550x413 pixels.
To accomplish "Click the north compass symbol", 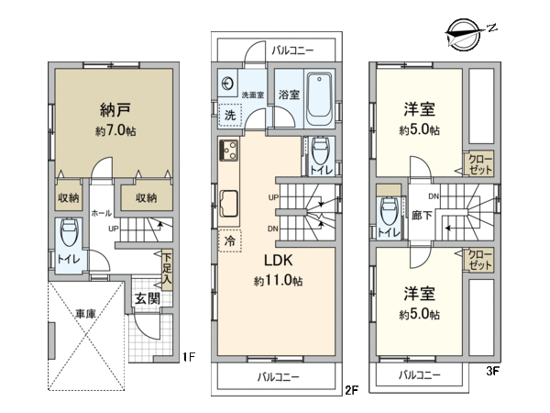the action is [465, 35].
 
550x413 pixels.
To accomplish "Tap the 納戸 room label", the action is [115, 110].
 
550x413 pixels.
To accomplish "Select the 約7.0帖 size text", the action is [115, 130].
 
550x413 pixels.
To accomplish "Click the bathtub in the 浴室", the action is [319, 99].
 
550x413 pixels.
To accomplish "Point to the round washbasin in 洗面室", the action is [227, 84].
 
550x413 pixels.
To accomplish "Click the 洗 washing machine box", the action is [230, 115].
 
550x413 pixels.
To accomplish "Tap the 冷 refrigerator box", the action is [230, 240].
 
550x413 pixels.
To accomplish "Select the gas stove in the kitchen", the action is [228, 151].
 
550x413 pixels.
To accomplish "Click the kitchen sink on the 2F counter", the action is [228, 204].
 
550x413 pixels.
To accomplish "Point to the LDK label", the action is [278, 261].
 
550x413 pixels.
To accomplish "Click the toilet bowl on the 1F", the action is [70, 232].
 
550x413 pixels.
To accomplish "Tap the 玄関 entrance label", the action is [148, 299].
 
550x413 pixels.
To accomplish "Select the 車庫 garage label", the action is [85, 313].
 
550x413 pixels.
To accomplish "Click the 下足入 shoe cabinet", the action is [167, 270].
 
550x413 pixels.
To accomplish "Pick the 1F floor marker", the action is [189, 357].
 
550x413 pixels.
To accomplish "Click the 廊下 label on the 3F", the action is [422, 215].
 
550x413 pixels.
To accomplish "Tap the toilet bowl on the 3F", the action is [389, 212].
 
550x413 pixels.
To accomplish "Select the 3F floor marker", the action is [492, 371].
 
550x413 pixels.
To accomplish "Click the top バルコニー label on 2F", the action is [292, 50].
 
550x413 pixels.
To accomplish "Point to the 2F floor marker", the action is [351, 390].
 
